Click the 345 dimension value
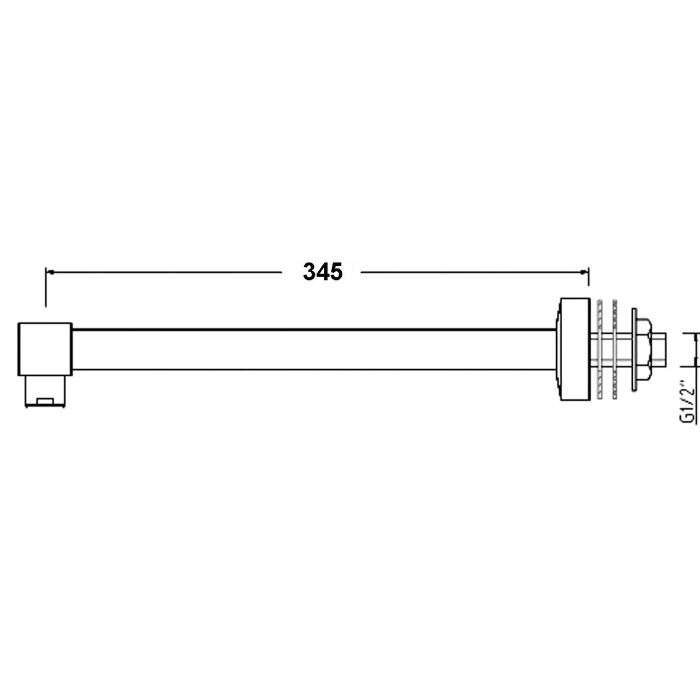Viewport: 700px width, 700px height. click(x=323, y=272)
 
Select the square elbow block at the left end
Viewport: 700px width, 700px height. click(x=45, y=349)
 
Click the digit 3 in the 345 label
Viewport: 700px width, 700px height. click(x=310, y=272)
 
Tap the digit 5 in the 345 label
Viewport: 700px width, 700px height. click(x=336, y=272)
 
